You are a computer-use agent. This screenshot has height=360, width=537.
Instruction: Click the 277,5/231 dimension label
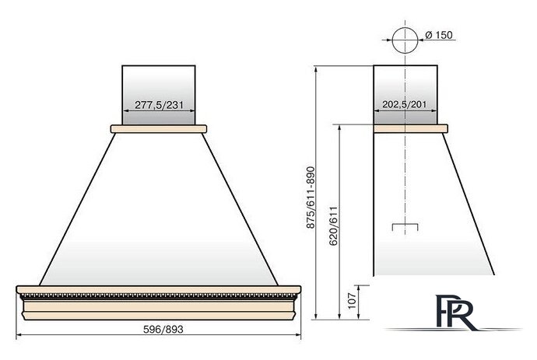tap(159, 105)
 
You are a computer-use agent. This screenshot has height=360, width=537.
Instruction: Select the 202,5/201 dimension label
tap(405, 104)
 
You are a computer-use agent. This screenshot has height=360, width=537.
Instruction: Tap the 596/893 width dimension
tap(163, 329)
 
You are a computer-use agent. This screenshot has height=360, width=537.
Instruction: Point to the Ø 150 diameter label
tap(438, 35)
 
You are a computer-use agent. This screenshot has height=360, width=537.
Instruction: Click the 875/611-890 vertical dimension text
tap(311, 197)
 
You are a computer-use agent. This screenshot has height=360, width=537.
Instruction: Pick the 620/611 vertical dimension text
tap(333, 225)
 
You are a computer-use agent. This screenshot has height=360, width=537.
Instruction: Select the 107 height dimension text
tap(352, 300)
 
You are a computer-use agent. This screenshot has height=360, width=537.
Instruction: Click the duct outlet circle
tap(405, 40)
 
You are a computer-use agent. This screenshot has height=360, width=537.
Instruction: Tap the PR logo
tap(454, 312)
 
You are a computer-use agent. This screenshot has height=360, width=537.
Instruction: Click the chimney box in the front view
tap(159, 95)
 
